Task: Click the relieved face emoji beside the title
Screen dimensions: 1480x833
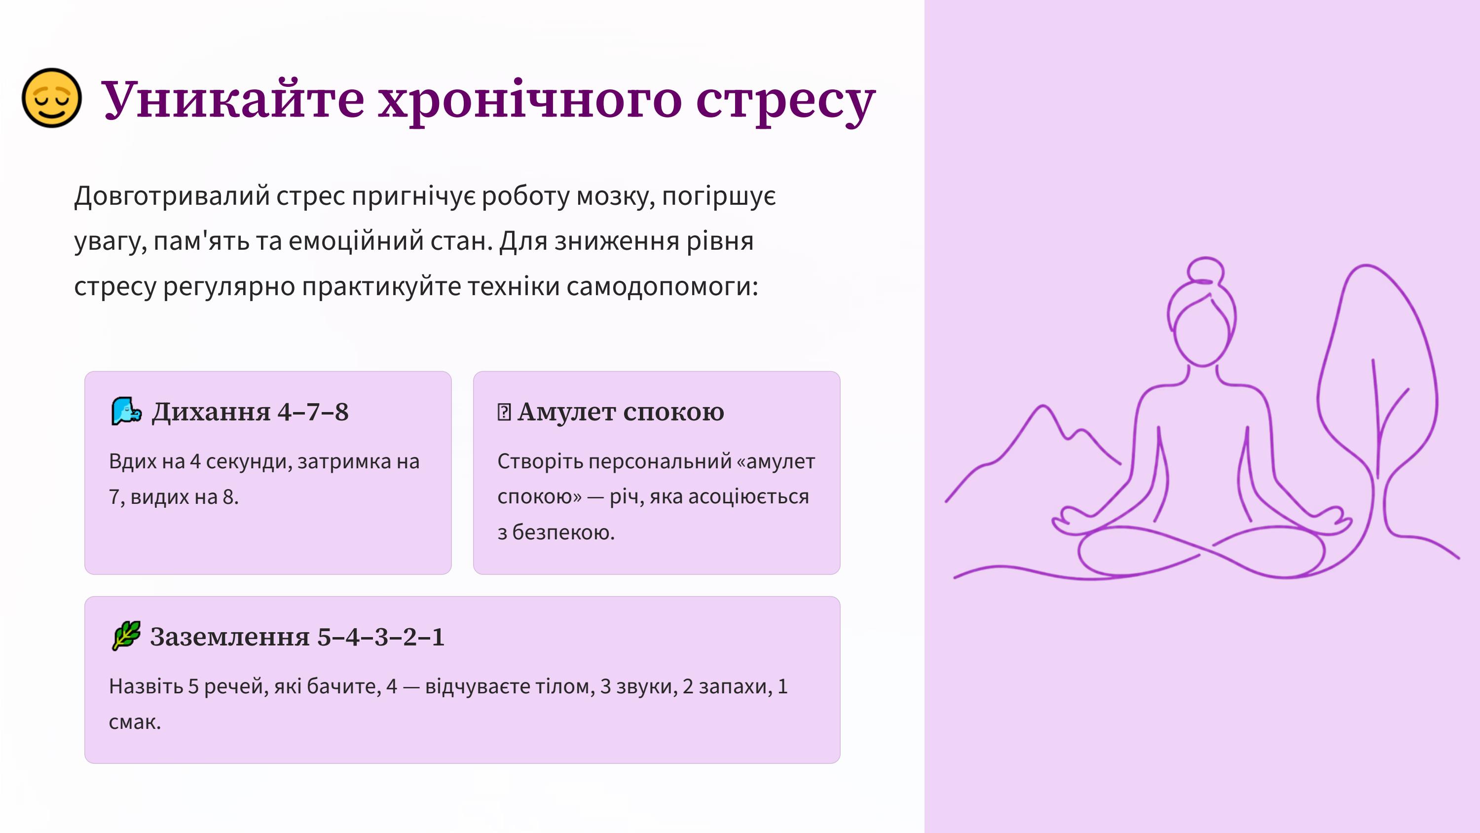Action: point(52,98)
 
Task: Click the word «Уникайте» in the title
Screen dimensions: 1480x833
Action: point(233,99)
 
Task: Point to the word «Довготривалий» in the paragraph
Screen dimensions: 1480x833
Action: point(172,196)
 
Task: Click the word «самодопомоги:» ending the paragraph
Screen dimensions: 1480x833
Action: point(663,286)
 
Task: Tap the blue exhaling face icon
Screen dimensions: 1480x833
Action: point(126,411)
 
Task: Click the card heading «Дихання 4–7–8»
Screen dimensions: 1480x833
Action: point(250,412)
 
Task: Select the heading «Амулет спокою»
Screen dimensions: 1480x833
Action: point(621,412)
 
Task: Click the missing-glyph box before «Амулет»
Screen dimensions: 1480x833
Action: point(504,412)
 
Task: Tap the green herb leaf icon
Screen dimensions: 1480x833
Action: point(126,636)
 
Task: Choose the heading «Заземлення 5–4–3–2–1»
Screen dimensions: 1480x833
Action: point(297,637)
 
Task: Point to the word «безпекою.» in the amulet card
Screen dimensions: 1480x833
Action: point(563,532)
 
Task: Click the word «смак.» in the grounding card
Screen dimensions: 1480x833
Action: point(135,722)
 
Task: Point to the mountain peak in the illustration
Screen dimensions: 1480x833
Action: point(1043,407)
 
